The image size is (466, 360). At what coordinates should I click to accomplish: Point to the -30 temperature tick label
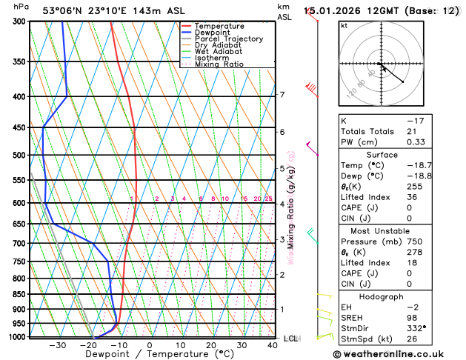click(56, 345)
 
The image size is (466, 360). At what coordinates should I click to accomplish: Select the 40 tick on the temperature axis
click(273, 345)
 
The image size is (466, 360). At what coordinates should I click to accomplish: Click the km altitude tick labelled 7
click(282, 95)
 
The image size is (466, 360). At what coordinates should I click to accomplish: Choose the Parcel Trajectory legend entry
click(228, 39)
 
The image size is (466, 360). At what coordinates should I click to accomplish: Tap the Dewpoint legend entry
click(213, 33)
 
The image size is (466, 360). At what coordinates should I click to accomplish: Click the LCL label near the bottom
click(290, 339)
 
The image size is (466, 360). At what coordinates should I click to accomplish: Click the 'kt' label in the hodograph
click(344, 25)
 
